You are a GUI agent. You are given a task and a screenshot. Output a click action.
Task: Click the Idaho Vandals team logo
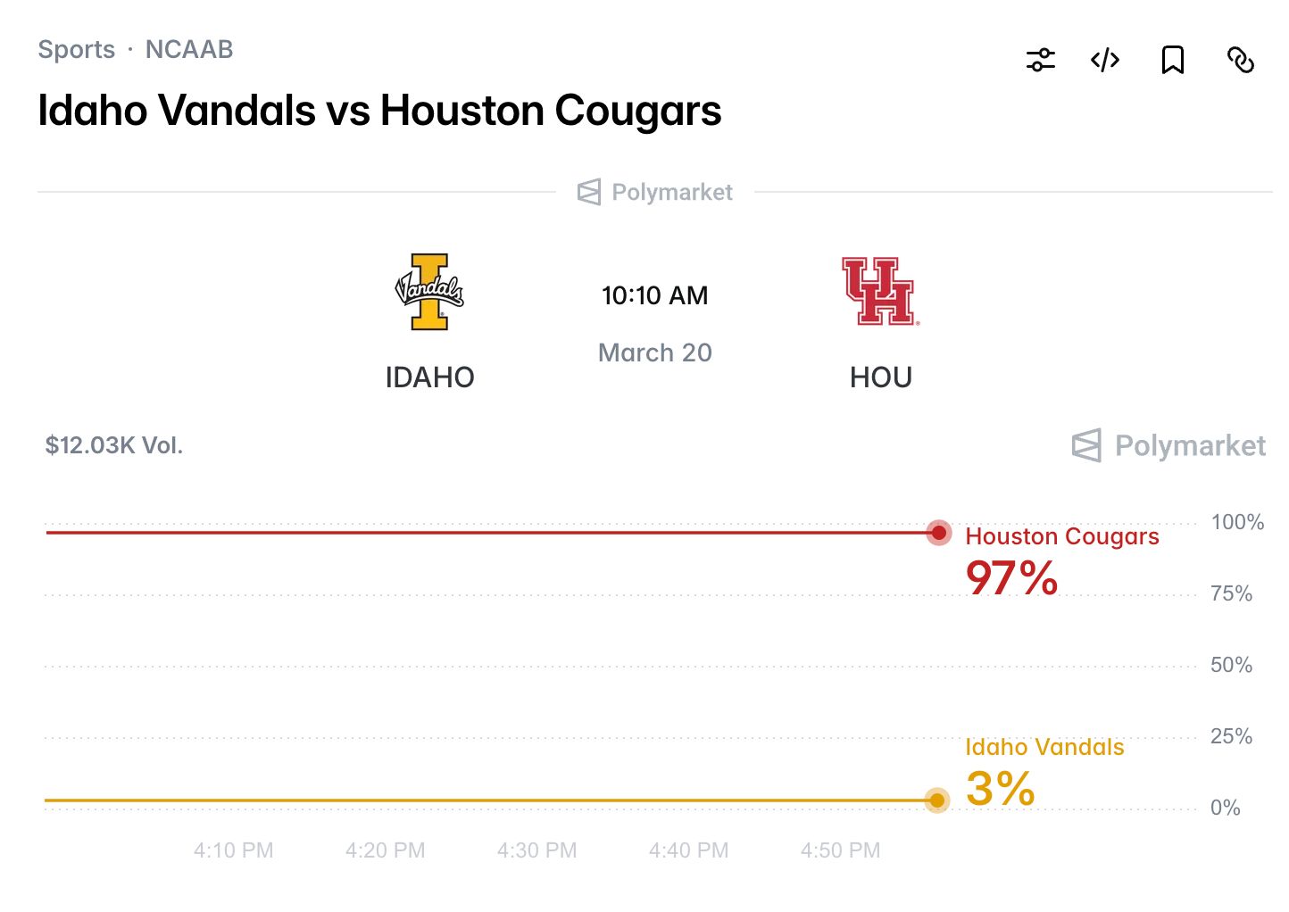point(429,291)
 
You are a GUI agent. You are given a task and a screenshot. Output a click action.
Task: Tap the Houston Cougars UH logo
point(880,291)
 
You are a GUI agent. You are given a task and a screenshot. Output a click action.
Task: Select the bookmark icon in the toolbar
point(1172,60)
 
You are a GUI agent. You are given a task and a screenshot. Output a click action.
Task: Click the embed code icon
point(1105,60)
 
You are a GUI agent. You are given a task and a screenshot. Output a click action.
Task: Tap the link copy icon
point(1240,60)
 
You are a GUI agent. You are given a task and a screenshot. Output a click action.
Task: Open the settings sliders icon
point(1040,60)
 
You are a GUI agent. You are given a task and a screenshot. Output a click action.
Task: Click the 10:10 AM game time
point(654,295)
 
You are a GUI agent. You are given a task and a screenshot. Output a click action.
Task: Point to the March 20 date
point(654,352)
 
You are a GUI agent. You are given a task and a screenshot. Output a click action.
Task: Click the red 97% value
point(1011,578)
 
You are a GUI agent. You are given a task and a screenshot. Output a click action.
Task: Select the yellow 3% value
point(1000,789)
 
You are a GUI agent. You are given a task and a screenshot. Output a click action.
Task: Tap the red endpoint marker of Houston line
point(938,533)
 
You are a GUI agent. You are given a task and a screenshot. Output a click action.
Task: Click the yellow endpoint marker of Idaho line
point(936,800)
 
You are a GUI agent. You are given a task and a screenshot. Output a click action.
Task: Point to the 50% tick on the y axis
point(1231,665)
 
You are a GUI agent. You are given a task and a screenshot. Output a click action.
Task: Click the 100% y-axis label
point(1237,522)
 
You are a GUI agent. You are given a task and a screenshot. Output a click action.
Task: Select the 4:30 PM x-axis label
point(536,850)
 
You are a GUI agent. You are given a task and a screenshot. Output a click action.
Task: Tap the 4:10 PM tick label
point(233,850)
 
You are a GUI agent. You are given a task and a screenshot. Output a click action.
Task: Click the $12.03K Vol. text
point(114,445)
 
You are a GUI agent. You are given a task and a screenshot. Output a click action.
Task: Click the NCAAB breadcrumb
point(189,49)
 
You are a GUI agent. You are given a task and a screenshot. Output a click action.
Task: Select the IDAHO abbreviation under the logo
point(429,377)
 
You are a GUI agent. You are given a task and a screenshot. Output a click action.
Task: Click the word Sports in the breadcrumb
point(77,49)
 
